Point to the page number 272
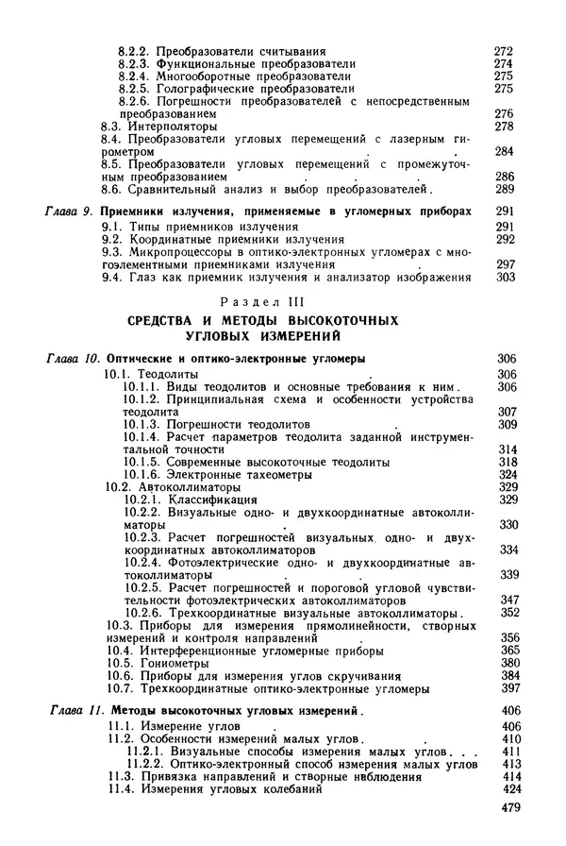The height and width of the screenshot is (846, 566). coord(504,49)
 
